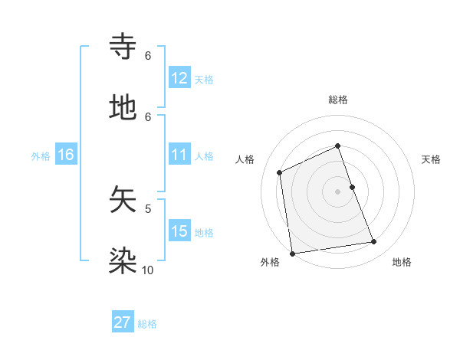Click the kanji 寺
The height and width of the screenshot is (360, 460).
click(x=123, y=47)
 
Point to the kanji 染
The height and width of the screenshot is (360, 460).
click(x=123, y=260)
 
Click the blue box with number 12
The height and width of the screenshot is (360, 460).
click(x=179, y=77)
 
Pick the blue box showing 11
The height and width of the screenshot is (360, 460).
click(x=179, y=155)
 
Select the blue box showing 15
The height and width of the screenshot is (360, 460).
click(x=179, y=231)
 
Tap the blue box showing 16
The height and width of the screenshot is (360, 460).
click(x=66, y=155)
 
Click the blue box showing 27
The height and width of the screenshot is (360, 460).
click(x=123, y=322)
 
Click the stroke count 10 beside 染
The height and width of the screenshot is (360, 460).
click(x=148, y=270)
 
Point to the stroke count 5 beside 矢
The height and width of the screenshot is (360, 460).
click(x=148, y=208)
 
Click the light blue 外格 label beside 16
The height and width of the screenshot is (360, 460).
click(x=41, y=155)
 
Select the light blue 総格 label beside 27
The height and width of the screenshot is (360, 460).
click(x=147, y=323)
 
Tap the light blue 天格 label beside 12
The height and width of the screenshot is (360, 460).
click(x=204, y=79)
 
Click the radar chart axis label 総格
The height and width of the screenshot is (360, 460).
click(x=338, y=100)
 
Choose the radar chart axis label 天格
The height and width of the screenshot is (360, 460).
click(x=432, y=159)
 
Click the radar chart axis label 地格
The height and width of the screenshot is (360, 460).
click(x=402, y=262)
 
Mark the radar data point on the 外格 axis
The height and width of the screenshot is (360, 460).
click(x=292, y=253)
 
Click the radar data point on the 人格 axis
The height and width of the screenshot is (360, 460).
click(x=280, y=172)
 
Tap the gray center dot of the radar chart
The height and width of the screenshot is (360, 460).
click(x=338, y=191)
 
